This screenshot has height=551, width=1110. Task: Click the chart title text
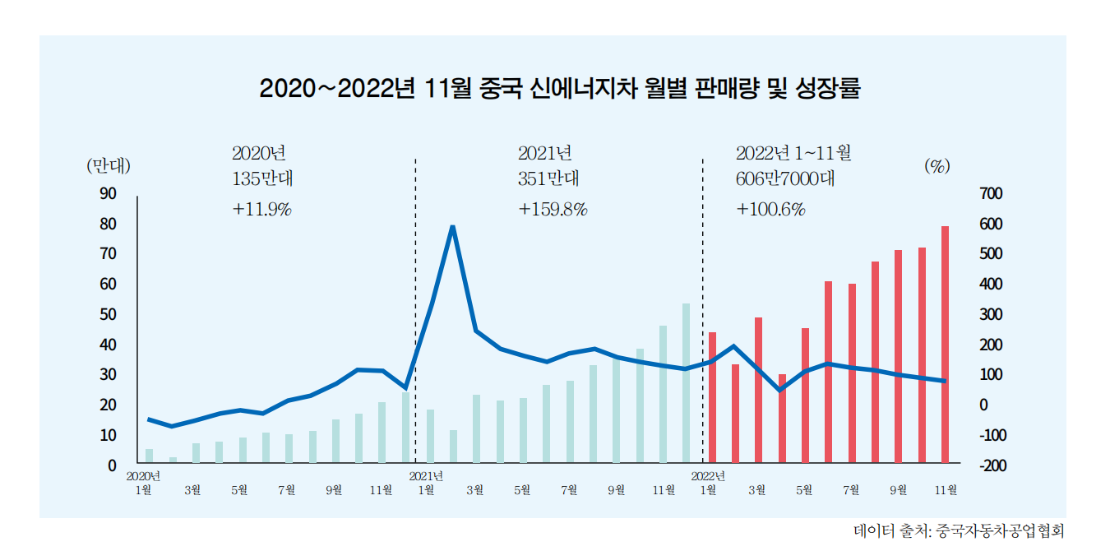tap(559, 89)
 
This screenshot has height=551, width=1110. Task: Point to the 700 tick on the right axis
tap(992, 193)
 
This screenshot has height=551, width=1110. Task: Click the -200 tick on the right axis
tap(992, 465)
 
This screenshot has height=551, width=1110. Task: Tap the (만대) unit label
tap(109, 165)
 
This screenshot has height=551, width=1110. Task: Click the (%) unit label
tap(937, 165)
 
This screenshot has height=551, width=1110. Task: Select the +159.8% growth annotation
tap(553, 209)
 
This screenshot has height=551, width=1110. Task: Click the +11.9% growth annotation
tap(262, 209)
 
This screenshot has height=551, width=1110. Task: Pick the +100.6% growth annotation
tap(770, 209)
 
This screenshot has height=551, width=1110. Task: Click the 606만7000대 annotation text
tap(785, 179)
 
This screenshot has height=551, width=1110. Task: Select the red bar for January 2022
tap(712, 397)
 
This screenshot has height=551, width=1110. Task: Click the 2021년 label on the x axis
tap(426, 475)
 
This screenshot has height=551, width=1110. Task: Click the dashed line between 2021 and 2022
tap(702, 313)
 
